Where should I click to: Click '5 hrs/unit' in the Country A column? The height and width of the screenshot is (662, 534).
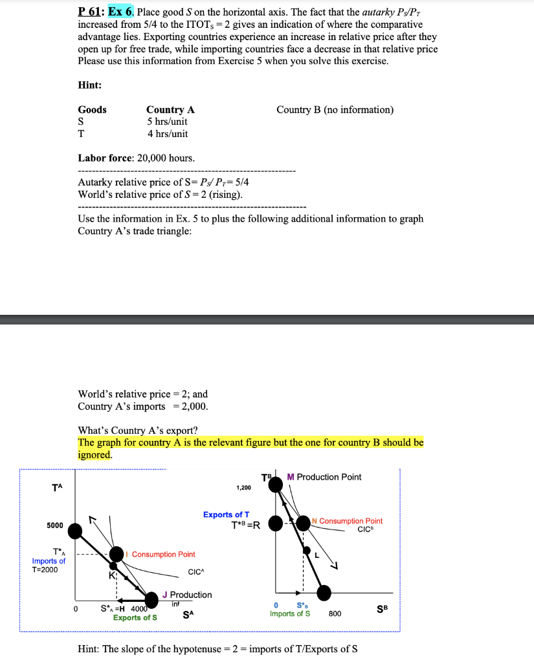coord(167,122)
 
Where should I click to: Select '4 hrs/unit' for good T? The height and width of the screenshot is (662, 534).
coord(167,134)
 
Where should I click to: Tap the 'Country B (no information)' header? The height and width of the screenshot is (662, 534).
coord(335,109)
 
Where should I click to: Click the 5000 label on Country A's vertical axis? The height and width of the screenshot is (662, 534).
coord(55,525)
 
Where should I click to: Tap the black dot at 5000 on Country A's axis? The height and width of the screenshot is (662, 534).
coord(76,531)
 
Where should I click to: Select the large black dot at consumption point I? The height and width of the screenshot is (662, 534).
coord(117,554)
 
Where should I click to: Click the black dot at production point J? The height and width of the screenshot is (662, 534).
coord(152,599)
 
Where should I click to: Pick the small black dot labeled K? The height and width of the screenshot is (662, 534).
coord(113,566)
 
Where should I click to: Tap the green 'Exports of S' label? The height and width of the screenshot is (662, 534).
coord(135,617)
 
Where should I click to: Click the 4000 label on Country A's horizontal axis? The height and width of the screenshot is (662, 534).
coord(139,608)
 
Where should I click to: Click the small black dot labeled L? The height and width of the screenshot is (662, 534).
coord(307,550)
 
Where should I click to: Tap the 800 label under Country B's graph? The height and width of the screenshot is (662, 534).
coord(335,613)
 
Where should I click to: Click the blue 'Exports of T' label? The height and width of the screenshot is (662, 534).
coord(227,515)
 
